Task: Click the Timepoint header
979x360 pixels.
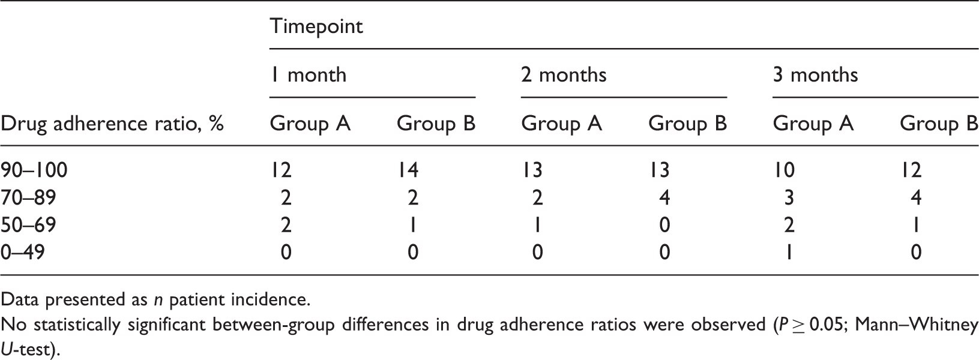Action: click(x=316, y=26)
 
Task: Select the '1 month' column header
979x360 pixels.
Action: click(x=308, y=75)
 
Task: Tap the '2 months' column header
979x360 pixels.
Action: click(x=564, y=75)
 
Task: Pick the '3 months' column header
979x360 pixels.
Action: click(x=815, y=75)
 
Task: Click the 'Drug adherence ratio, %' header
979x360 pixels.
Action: click(x=112, y=124)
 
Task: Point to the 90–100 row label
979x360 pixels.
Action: click(x=34, y=170)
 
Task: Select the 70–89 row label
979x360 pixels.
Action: click(x=28, y=198)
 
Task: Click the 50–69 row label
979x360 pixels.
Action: click(x=28, y=225)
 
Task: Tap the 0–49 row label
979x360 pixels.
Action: click(x=22, y=252)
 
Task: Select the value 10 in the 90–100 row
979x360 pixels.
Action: click(x=784, y=170)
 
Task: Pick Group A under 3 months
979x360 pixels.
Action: click(x=813, y=124)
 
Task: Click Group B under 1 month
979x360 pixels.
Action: click(x=436, y=124)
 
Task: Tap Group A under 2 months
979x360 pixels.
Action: click(x=561, y=124)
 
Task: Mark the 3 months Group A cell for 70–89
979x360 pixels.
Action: click(x=789, y=198)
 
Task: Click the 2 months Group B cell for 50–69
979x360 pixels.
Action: click(x=664, y=225)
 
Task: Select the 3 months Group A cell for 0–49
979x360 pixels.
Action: click(x=789, y=252)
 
